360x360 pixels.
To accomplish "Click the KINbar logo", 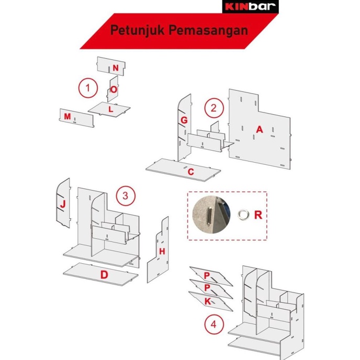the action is pyautogui.click(x=250, y=6).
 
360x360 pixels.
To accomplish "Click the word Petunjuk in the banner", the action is pyautogui.click(x=138, y=30).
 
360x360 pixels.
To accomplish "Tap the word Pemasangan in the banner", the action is pyautogui.click(x=208, y=30).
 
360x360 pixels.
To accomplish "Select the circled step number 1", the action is pyautogui.click(x=88, y=88).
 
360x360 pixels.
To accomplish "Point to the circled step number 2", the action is pyautogui.click(x=214, y=108).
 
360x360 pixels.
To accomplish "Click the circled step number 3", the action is pyautogui.click(x=126, y=196).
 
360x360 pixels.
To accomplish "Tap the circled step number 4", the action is pyautogui.click(x=214, y=324).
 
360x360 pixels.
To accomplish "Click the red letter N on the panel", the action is pyautogui.click(x=116, y=68).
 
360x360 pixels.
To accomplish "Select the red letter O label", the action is pyautogui.click(x=114, y=89).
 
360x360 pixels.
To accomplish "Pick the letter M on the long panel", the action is pyautogui.click(x=67, y=116).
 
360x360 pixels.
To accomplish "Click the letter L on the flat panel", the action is pyautogui.click(x=111, y=109).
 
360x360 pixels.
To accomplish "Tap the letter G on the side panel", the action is pyautogui.click(x=184, y=120).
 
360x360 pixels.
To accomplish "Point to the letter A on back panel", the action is pyautogui.click(x=260, y=130).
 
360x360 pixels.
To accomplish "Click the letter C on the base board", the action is pyautogui.click(x=191, y=172).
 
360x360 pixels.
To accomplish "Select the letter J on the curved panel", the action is pyautogui.click(x=63, y=204).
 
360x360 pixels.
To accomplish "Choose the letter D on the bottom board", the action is pyautogui.click(x=104, y=275).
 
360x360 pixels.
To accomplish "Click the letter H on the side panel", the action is pyautogui.click(x=162, y=251).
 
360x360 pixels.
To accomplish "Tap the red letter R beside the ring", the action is pyautogui.click(x=258, y=215).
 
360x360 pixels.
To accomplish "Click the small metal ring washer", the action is pyautogui.click(x=243, y=214).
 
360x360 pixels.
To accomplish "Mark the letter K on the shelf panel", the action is pyautogui.click(x=208, y=301).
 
